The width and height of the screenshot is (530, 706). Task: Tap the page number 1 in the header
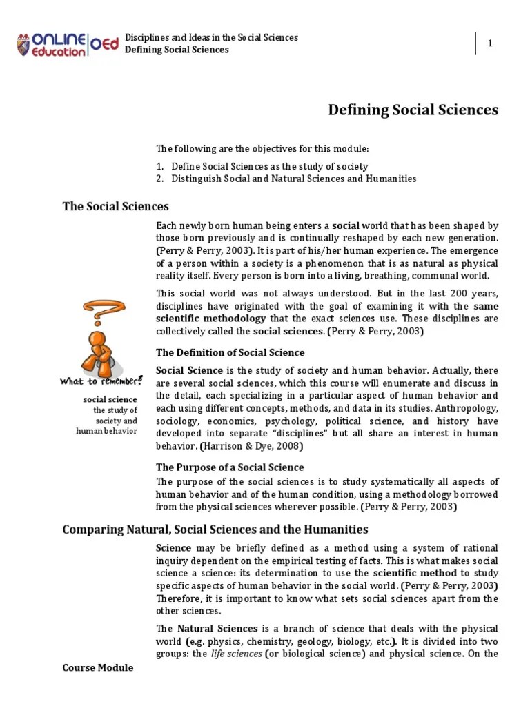click(x=490, y=43)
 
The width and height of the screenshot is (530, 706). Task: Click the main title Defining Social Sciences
click(x=413, y=110)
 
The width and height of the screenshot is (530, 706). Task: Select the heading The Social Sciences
click(x=115, y=206)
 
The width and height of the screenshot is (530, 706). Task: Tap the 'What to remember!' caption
click(x=101, y=381)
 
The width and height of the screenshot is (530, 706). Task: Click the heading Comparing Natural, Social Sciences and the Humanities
click(x=215, y=529)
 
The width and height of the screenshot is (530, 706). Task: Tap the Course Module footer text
click(x=97, y=668)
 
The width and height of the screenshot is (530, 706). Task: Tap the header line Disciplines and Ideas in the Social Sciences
click(x=211, y=37)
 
